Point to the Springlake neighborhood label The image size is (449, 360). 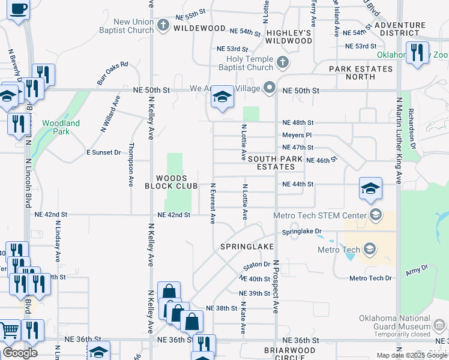(x=247, y=247)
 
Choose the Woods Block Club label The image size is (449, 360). (x=171, y=182)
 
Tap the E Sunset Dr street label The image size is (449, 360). (x=103, y=152)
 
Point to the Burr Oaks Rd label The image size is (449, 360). (x=112, y=73)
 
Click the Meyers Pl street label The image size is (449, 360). (x=298, y=135)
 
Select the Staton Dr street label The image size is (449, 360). (x=257, y=265)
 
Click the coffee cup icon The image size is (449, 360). (x=19, y=10)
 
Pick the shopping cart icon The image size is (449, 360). (x=9, y=329)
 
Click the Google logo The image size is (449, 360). (x=20, y=353)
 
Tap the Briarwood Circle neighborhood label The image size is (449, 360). (x=289, y=353)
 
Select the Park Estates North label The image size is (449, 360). (x=360, y=73)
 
